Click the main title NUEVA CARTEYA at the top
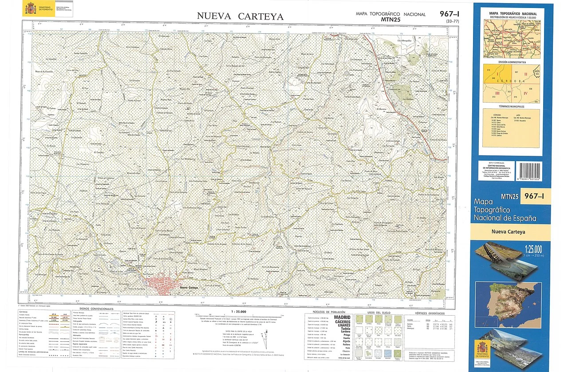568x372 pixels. [x=240, y=16]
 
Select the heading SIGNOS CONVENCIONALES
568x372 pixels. [x=96, y=309]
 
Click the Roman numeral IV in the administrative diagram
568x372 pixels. [x=525, y=93]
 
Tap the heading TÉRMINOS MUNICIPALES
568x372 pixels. [x=512, y=107]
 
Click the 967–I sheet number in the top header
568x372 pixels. [x=449, y=13]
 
